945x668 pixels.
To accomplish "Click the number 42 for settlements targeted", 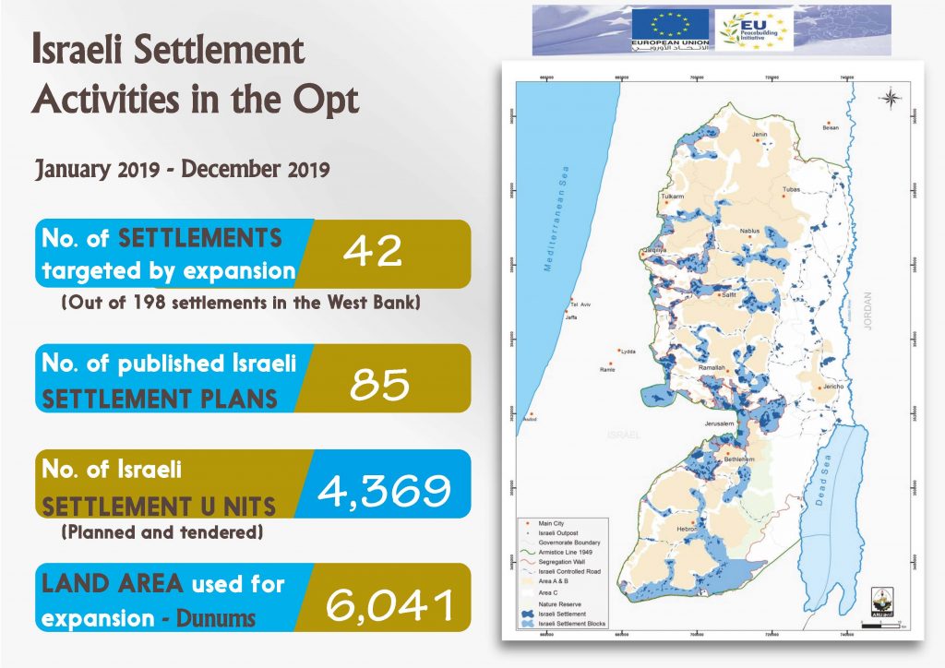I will click(373, 252).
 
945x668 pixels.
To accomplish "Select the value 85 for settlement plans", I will click(380, 383).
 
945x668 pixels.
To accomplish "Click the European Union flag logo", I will click(670, 29).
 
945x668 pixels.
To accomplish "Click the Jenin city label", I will click(760, 135).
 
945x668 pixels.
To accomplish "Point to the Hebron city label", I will click(686, 528).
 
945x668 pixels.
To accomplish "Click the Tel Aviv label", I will click(580, 304).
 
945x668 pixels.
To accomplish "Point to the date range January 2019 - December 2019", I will click(183, 170).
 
